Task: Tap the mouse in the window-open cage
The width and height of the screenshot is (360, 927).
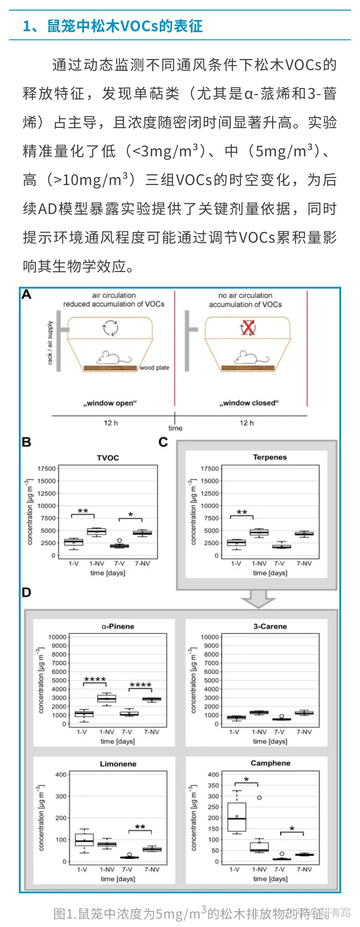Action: (x=112, y=358)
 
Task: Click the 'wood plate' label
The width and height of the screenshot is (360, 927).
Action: (x=154, y=367)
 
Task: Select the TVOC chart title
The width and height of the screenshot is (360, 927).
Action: (x=108, y=458)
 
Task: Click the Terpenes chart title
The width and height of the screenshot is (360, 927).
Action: (x=270, y=457)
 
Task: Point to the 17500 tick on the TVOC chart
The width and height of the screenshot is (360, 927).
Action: (x=46, y=468)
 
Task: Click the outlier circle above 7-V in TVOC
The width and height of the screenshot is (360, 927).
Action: (x=119, y=540)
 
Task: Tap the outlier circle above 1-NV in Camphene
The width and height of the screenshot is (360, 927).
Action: (x=259, y=797)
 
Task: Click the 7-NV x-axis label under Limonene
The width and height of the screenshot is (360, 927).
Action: (x=152, y=869)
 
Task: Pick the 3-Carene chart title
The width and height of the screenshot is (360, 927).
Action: (x=270, y=626)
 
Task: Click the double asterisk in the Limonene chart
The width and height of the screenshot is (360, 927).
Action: (x=140, y=827)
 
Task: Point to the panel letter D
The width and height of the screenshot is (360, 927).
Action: (x=26, y=592)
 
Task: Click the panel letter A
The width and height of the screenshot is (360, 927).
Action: (x=26, y=295)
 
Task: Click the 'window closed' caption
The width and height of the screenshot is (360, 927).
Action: (x=249, y=403)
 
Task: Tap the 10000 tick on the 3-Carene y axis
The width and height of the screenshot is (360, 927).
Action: (x=209, y=637)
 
